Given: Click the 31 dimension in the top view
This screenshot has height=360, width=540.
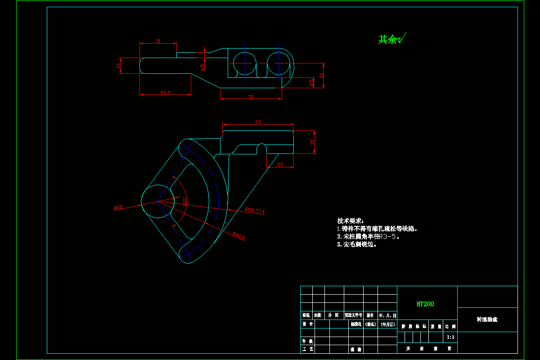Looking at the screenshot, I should pyautogui.click(x=158, y=41).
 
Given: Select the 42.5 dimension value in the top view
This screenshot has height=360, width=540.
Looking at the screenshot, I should pyautogui.click(x=165, y=92).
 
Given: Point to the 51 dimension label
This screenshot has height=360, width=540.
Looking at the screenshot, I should pyautogui.click(x=251, y=96).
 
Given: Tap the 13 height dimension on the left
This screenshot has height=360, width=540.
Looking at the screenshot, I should pyautogui.click(x=118, y=66).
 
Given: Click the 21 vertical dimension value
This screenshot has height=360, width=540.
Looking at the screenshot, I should pyautogui.click(x=321, y=76).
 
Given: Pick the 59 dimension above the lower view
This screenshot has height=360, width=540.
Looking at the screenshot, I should pyautogui.click(x=258, y=122).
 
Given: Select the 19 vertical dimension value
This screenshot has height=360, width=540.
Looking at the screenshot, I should pyautogui.click(x=311, y=142).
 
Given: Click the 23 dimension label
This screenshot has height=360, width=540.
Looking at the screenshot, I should pyautogui.click(x=280, y=165).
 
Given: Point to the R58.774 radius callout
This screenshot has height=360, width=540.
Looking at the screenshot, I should pyautogui.click(x=255, y=210).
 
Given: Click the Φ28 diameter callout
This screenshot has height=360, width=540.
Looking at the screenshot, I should pyautogui.click(x=118, y=207).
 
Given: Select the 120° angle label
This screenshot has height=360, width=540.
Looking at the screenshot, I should pyautogui.click(x=184, y=201).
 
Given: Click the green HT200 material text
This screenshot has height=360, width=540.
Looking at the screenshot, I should pyautogui.click(x=425, y=304).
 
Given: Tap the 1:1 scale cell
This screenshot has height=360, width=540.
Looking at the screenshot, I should pyautogui.click(x=450, y=337).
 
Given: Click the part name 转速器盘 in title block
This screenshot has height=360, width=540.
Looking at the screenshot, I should pyautogui.click(x=487, y=319).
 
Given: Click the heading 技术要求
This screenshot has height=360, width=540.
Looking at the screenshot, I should pyautogui.click(x=350, y=221).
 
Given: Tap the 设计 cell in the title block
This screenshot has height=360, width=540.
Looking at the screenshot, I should pyautogui.click(x=307, y=324).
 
